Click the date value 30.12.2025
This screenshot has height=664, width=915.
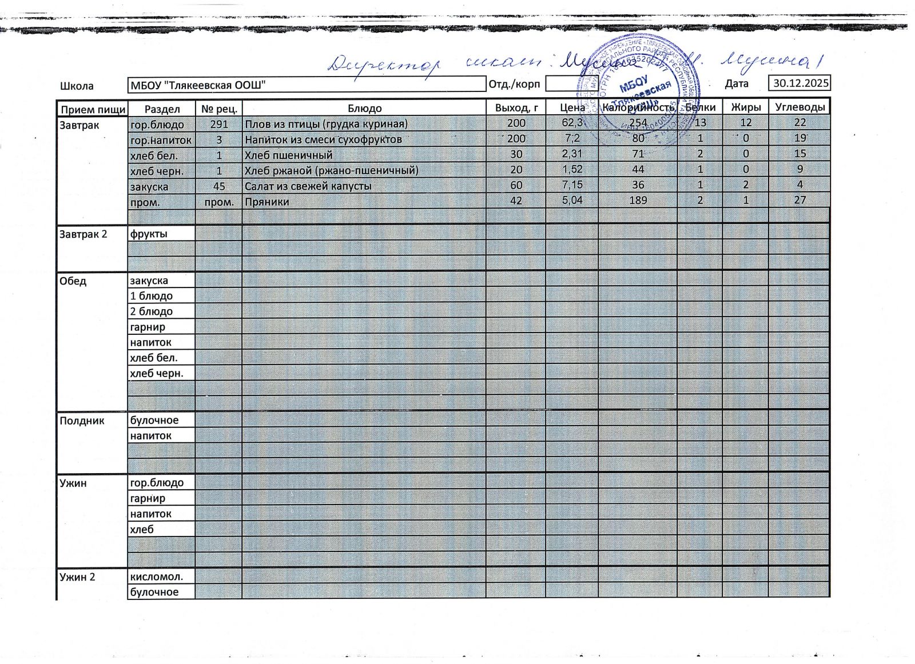pos(801,83)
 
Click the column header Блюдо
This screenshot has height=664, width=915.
pos(364,109)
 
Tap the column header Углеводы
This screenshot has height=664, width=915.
pos(799,107)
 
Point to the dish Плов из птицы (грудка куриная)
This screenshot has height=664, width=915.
pos(326,124)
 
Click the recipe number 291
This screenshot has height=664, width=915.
pos(219,124)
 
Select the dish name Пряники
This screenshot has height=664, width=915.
pos(266,202)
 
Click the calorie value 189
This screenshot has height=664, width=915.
pos(638,200)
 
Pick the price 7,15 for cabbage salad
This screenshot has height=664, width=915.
pos(572,185)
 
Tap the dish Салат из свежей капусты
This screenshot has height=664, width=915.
pos(308,186)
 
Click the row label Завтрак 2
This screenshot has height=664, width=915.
pos(83,234)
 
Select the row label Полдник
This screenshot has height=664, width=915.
pos(82,421)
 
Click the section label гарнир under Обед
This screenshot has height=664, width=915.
pos(148,327)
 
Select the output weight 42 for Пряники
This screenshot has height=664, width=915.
pos(516,201)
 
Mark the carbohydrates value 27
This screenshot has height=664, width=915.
pos(799,200)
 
